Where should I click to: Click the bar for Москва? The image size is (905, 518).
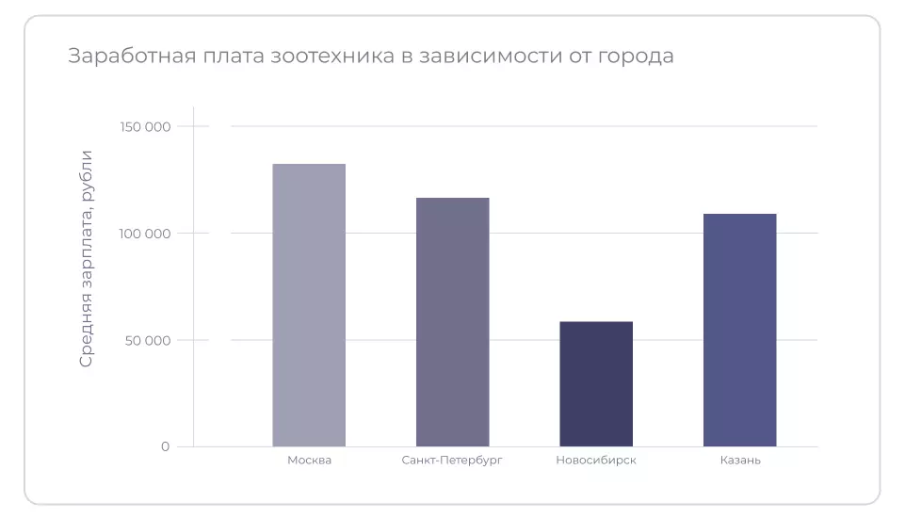309,305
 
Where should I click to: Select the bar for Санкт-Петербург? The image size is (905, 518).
452,322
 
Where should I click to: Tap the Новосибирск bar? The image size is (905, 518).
596,384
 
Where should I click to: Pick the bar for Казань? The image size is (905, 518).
739,330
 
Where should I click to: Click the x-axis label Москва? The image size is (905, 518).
309,461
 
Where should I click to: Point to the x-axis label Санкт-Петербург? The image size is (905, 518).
452,461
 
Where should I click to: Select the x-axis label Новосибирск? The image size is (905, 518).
596,461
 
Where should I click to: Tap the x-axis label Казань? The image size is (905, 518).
739,461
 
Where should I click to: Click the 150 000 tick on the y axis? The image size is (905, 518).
145,126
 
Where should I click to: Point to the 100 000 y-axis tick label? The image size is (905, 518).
145,234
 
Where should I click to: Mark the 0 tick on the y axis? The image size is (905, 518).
165,446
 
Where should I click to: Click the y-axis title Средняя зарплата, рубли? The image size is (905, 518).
87,258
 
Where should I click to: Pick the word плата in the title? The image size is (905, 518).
227,57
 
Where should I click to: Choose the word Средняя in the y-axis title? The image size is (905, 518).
87,335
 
